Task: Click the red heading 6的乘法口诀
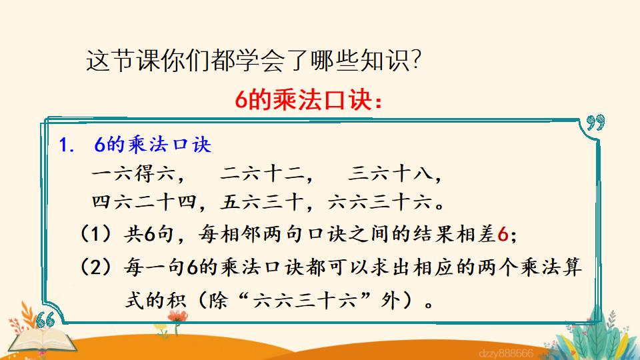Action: point(303,99)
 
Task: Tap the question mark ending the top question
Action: point(416,61)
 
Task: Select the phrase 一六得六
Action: point(133,173)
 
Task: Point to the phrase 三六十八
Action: point(390,173)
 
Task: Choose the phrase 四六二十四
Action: point(144,203)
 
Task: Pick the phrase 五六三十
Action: point(261,203)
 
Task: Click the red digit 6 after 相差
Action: point(503,235)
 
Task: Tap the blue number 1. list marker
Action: point(66,145)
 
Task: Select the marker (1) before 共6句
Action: point(95,234)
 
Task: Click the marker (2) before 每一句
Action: point(95,268)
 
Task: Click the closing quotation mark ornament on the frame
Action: point(595,122)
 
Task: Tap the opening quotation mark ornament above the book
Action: point(45,320)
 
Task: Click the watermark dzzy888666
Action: point(506,353)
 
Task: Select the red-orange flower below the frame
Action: point(177,316)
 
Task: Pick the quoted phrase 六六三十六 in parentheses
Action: point(305,301)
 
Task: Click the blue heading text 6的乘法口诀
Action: point(153,145)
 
